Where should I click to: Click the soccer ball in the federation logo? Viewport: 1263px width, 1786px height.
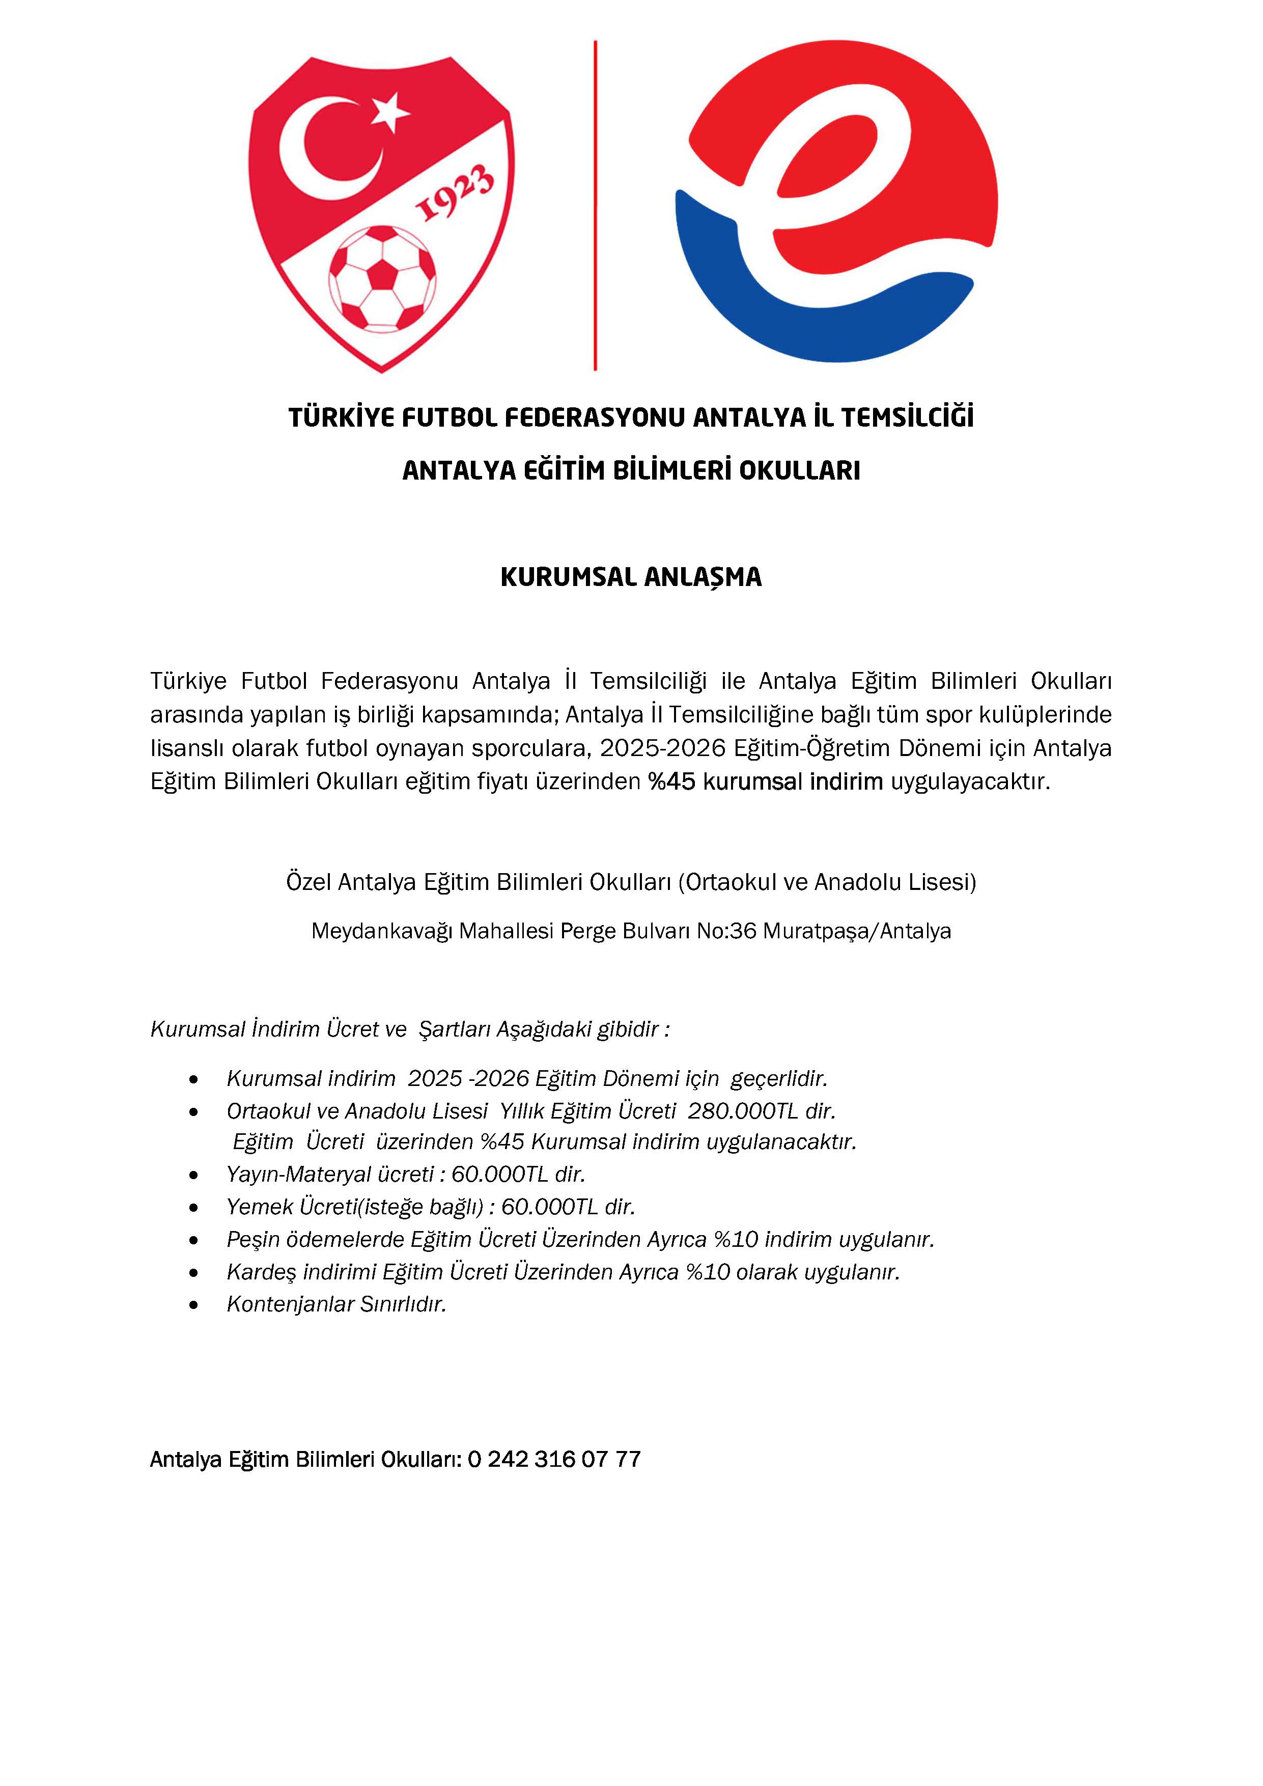point(382,277)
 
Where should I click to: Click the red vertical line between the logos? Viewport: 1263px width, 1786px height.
point(595,206)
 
